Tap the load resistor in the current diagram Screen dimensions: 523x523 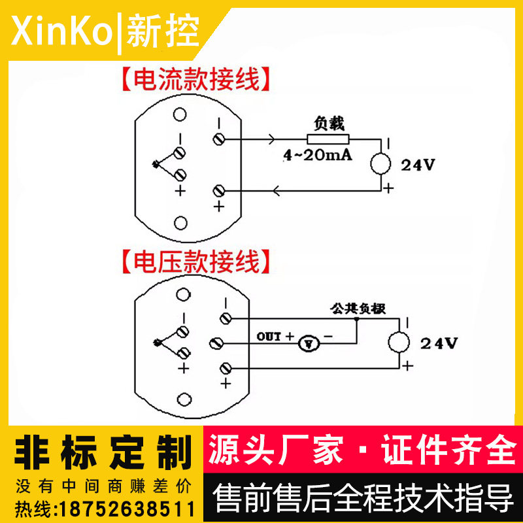click(328, 139)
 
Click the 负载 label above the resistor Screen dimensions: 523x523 click(329, 123)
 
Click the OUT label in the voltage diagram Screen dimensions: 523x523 click(269, 337)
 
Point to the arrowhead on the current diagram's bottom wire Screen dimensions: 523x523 click(277, 191)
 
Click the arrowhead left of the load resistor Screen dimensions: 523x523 click(271, 139)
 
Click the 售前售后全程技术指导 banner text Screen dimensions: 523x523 click(363, 499)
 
